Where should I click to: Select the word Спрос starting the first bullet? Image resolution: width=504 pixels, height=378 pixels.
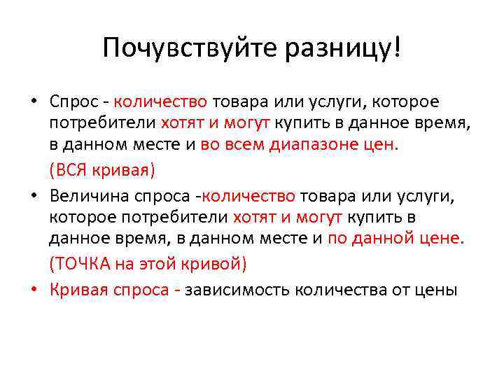pyautogui.click(x=75, y=102)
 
